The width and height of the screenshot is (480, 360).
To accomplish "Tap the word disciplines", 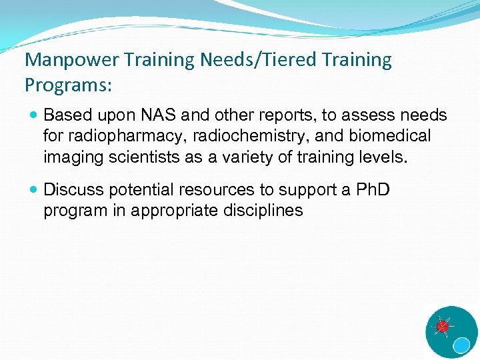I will (x=265, y=211).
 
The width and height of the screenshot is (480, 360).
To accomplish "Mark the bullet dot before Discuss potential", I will (x=35, y=190).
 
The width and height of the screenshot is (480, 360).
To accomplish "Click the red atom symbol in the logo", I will (x=441, y=327).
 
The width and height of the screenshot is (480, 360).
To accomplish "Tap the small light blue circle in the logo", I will (x=461, y=345).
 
